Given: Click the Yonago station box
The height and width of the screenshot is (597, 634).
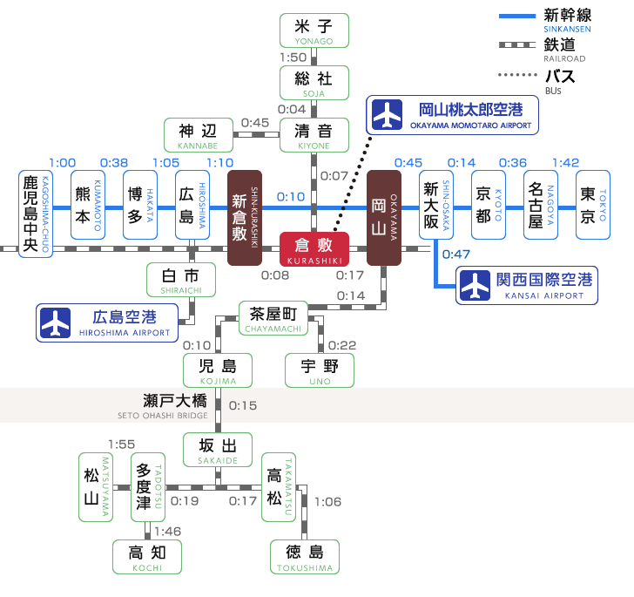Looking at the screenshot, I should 314,31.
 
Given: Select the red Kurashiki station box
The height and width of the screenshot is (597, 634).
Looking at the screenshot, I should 314,248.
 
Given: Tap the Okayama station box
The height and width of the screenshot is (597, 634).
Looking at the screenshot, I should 383,218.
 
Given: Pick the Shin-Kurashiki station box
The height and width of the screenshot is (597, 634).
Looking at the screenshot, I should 245,218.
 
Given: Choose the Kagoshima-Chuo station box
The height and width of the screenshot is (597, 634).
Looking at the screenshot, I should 36,213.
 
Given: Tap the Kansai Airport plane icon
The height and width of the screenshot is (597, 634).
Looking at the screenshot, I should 475,285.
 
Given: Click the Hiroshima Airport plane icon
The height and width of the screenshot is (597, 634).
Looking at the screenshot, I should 55,322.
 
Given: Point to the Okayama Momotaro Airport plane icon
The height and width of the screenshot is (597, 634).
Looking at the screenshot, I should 386,114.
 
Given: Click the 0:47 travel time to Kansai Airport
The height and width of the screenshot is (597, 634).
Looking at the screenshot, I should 456,254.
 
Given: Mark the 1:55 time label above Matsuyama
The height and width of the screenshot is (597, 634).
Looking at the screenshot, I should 122,444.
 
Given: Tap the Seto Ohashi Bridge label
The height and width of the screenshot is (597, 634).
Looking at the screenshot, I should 163,405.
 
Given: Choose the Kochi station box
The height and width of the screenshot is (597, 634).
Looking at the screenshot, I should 147,556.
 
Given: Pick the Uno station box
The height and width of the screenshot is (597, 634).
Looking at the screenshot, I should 320,370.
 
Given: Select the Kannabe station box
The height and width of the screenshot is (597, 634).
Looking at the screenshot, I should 199,135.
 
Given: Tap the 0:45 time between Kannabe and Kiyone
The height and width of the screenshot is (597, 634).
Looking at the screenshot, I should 255,123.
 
